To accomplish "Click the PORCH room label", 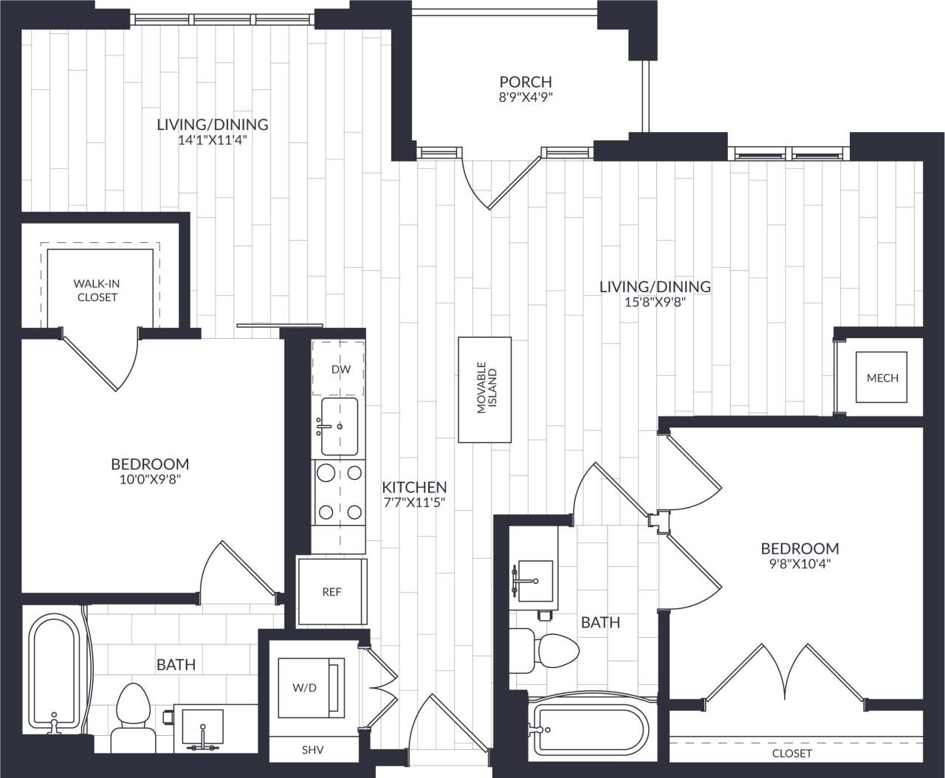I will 525,82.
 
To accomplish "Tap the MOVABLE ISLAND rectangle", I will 485,389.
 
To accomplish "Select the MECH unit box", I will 882,377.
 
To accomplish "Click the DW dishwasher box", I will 339,369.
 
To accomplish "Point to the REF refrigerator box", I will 332,592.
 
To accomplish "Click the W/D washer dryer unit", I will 304,687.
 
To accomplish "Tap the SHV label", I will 312,750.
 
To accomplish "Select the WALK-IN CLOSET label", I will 97,290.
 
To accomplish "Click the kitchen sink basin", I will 339,426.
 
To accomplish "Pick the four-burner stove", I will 339,492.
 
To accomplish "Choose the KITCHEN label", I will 414,487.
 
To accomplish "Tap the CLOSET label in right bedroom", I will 791,753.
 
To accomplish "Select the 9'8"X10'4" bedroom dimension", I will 800,564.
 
